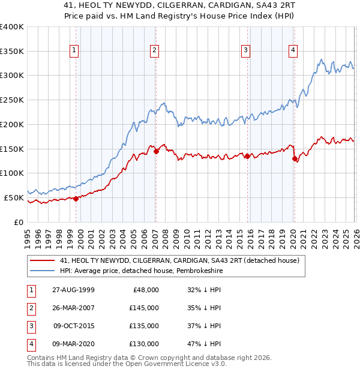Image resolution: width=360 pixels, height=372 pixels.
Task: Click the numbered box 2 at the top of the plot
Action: [155, 51]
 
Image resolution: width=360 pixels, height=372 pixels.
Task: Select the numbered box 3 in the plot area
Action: [246, 51]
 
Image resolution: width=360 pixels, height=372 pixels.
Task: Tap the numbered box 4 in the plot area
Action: [293, 51]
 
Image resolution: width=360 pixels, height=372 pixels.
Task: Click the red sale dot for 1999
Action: [76, 199]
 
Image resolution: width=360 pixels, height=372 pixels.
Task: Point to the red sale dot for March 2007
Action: [156, 151]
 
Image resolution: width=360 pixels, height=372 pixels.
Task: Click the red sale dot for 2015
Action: [247, 156]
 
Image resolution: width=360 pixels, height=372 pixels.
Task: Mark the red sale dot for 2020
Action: [294, 159]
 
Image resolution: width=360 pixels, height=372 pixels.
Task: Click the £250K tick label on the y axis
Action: [12, 100]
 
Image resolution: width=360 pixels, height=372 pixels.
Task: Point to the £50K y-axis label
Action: [14, 197]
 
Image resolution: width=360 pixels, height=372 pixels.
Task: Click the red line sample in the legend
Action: [43, 260]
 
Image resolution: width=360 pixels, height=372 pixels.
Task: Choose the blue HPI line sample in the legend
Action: [43, 271]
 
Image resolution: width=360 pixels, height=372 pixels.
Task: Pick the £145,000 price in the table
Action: [145, 308]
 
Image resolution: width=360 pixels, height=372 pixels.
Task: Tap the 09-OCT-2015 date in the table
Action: [73, 326]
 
